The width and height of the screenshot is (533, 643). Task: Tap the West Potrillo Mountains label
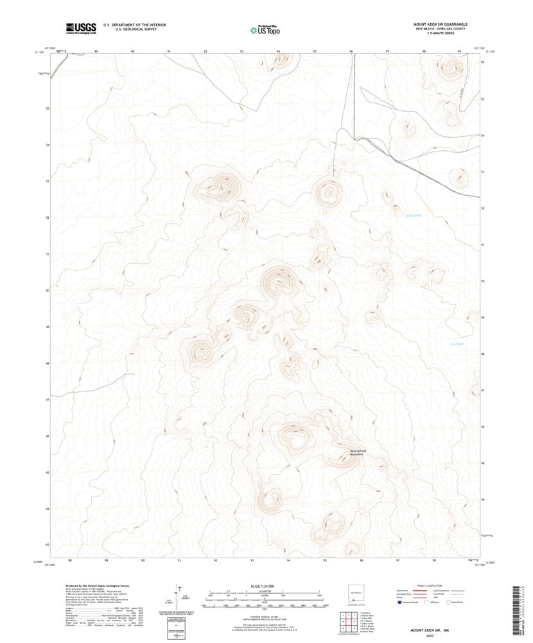(358, 452)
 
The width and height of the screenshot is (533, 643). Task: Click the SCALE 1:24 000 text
(265, 587)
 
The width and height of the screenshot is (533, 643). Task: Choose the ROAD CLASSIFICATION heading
(430, 587)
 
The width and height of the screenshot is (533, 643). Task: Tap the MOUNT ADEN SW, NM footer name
(425, 631)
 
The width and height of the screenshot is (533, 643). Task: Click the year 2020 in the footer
(425, 636)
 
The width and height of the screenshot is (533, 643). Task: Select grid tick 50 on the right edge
(482, 281)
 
